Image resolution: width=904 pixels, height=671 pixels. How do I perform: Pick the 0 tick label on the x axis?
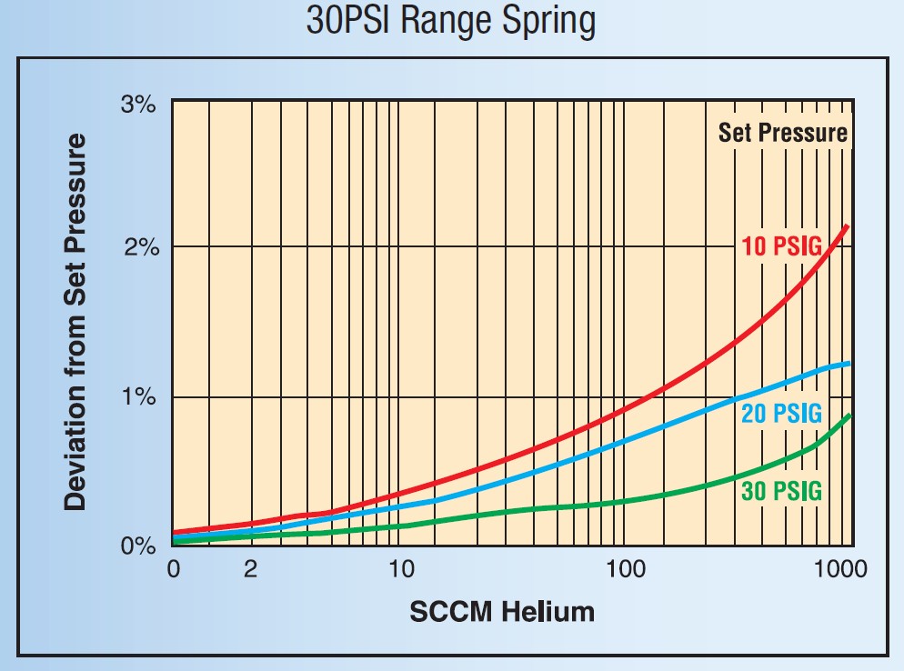click(x=173, y=571)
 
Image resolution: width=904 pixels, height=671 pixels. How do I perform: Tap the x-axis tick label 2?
click(x=251, y=571)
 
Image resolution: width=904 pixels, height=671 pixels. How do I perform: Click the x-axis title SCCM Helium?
click(x=502, y=611)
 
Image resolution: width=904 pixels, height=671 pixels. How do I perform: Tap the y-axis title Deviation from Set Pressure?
click(x=76, y=322)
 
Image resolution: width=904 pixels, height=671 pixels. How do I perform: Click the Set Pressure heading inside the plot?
click(x=782, y=134)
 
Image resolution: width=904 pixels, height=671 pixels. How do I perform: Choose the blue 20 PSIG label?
click(x=781, y=415)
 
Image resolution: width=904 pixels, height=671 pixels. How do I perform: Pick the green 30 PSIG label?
click(x=781, y=492)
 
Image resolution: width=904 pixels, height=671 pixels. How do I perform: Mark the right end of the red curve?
click(x=849, y=225)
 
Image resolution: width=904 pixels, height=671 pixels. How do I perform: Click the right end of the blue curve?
click(x=849, y=364)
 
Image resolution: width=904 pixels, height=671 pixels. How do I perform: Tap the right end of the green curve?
click(x=849, y=416)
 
